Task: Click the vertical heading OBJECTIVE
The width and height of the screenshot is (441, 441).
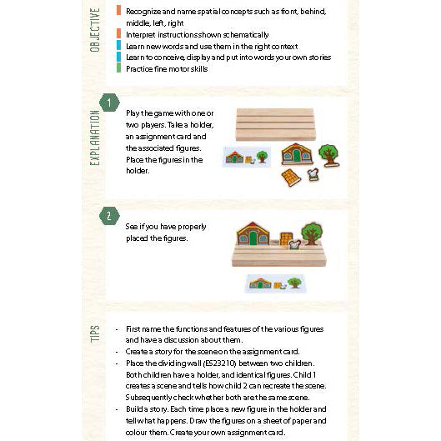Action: [95, 30]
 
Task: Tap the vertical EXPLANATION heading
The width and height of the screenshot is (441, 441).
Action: [95, 138]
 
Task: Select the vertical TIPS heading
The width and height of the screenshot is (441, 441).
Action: [95, 333]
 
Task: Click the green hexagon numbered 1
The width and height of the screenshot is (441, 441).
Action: [109, 103]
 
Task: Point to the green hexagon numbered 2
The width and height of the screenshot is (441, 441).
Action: [109, 216]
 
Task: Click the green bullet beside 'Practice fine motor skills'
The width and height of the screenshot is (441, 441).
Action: [118, 68]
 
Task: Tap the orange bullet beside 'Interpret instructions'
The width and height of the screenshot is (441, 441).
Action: [118, 33]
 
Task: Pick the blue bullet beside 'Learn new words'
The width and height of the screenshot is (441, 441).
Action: [118, 45]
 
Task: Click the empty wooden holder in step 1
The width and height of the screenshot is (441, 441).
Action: [275, 124]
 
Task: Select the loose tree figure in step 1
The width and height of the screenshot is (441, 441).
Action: [328, 155]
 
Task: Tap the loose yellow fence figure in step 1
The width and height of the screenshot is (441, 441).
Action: [291, 178]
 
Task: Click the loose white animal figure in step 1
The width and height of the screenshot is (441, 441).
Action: [313, 175]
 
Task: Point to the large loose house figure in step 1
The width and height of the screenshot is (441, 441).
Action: [297, 154]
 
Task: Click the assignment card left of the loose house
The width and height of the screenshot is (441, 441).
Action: [247, 157]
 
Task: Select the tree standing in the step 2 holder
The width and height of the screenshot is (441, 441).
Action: [312, 233]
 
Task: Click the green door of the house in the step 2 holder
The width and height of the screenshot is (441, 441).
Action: [253, 238]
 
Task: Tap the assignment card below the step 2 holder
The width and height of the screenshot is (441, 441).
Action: [275, 283]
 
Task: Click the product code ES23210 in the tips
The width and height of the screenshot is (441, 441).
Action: [219, 363]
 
